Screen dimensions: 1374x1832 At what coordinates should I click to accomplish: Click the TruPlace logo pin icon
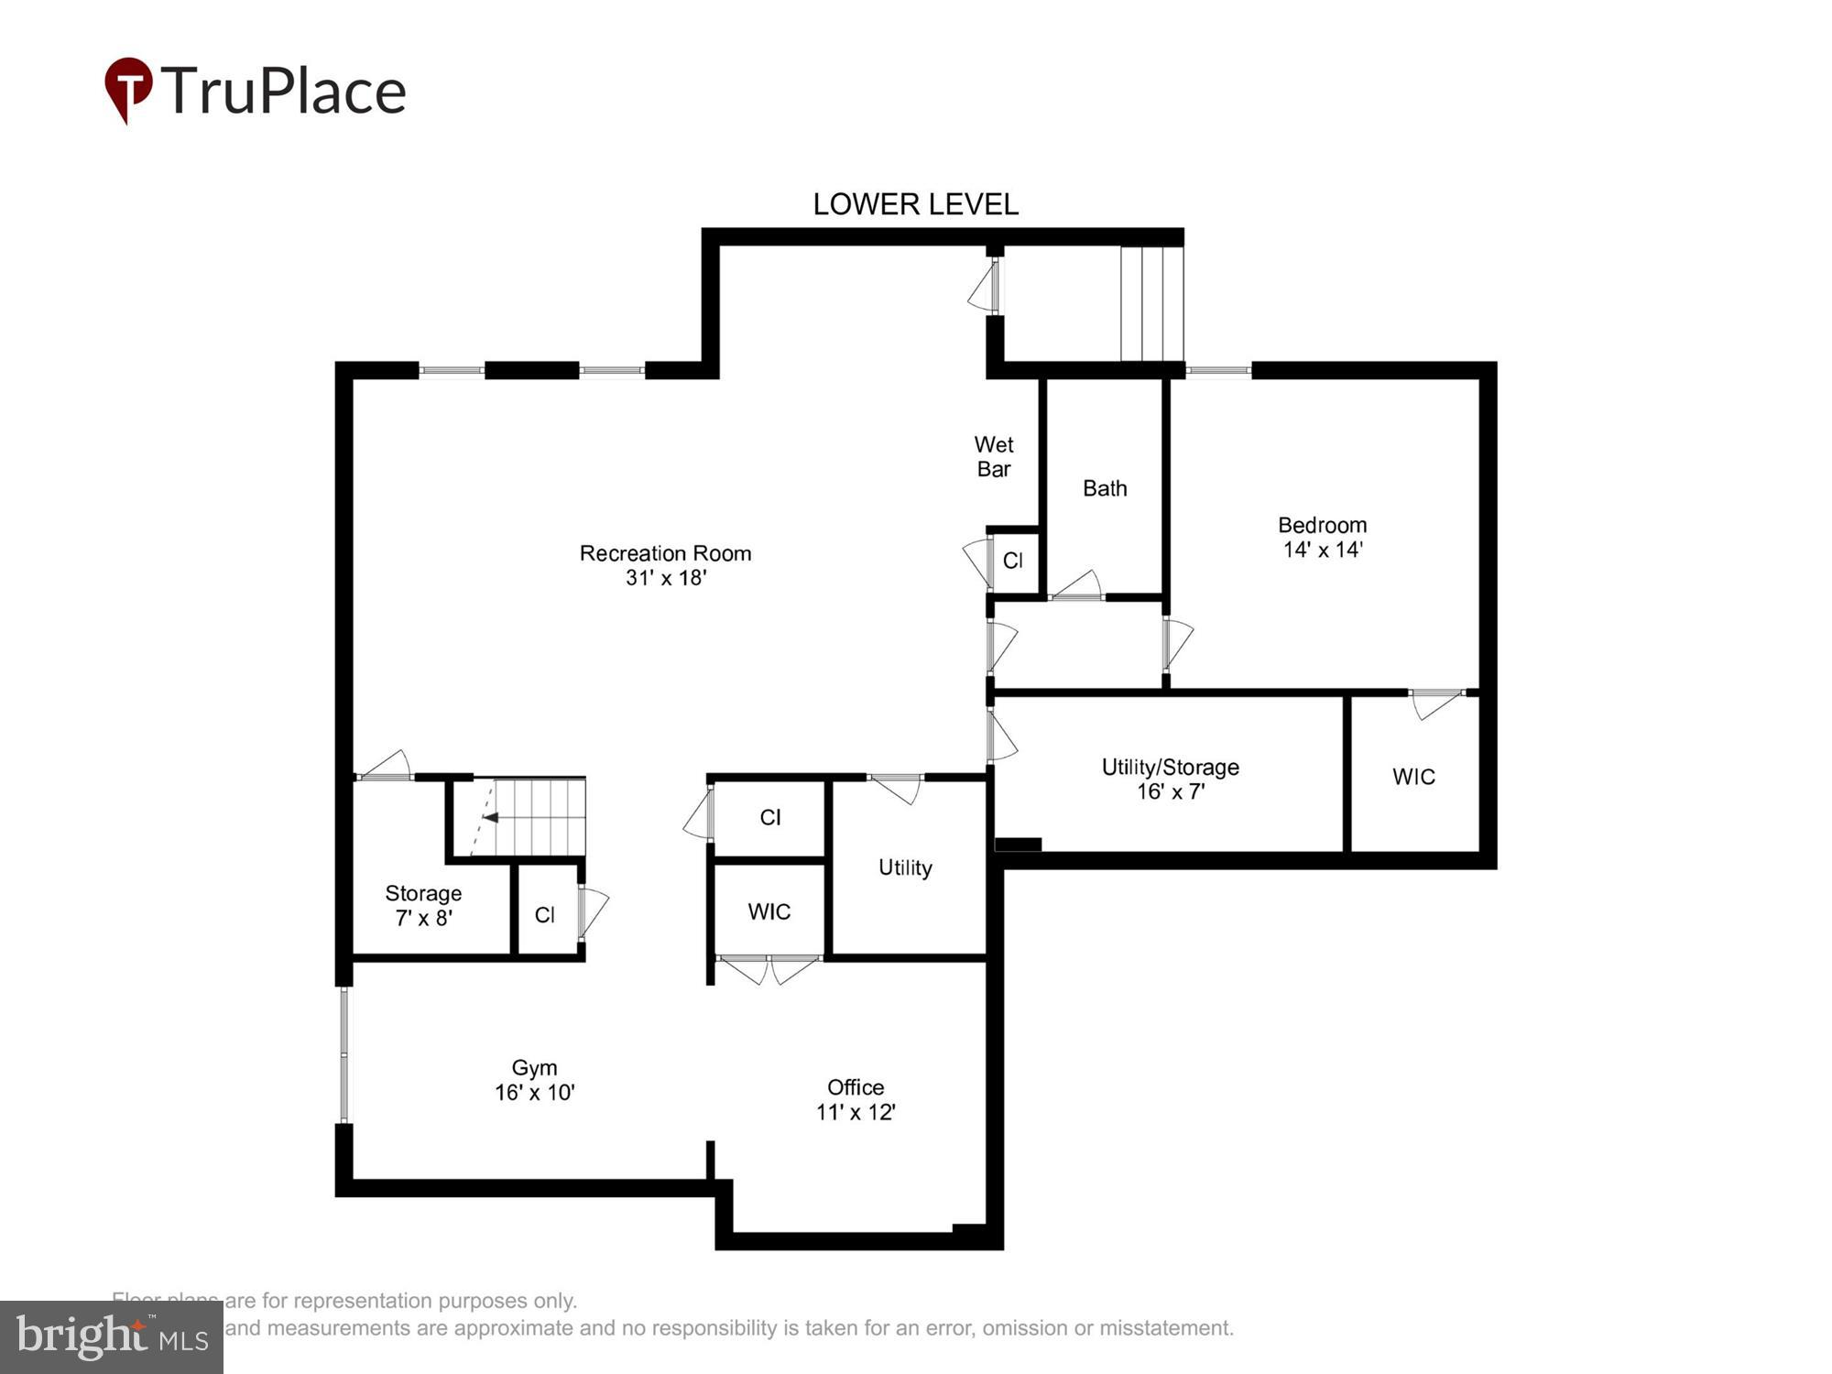coord(128,89)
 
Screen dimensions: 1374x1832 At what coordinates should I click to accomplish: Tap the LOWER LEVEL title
coord(915,204)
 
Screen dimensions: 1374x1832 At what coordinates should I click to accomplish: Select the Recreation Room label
coord(665,553)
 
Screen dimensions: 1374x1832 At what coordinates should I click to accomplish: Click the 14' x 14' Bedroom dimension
coord(1323,550)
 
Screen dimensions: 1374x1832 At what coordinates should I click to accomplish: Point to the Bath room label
coord(1105,488)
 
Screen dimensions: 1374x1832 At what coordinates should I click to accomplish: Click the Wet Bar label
coord(994,457)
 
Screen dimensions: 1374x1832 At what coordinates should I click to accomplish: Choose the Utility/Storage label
coord(1170,768)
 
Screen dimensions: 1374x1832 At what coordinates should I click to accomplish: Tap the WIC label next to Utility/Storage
coord(1413,777)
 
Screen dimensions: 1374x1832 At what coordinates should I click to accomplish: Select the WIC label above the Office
coord(769,911)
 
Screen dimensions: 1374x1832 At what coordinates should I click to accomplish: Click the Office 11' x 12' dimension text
coord(856,1112)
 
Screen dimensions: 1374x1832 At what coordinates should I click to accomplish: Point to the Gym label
coord(534,1068)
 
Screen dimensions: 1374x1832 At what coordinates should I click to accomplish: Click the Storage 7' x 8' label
coord(423,905)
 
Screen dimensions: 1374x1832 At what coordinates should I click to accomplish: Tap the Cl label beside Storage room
coord(545,915)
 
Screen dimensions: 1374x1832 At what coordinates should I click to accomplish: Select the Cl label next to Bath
coord(1013,561)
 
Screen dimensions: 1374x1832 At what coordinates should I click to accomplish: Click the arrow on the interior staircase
coord(490,817)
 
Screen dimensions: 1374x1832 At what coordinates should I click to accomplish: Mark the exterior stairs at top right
coord(1151,302)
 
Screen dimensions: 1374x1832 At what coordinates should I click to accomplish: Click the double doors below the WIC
coord(769,968)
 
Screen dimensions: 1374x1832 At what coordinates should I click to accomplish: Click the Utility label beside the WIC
coord(905,867)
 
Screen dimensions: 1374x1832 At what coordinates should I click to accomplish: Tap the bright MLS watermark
coord(112,1337)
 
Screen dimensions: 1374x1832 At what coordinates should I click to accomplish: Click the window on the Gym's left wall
coord(344,1054)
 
